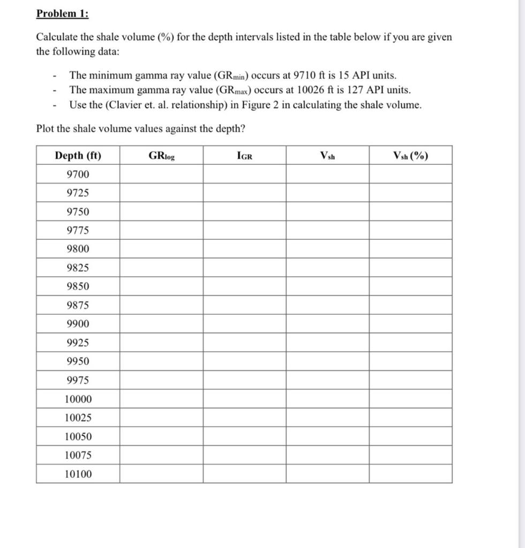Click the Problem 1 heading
coord(62,14)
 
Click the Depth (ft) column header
coord(78,156)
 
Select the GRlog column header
coord(161,156)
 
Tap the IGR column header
coord(244,156)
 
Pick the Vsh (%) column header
coord(410,156)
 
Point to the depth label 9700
coord(78,174)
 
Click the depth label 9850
coord(78,286)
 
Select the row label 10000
coord(78,399)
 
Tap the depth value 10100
coord(78,474)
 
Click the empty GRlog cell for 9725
coord(161,193)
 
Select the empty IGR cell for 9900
coord(244,324)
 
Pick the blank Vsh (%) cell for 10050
coord(410,437)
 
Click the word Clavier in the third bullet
coord(125,105)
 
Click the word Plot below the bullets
coord(45,128)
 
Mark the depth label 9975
coord(78,380)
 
